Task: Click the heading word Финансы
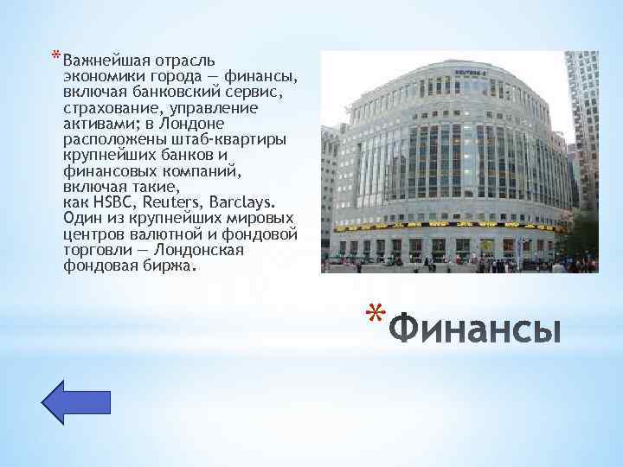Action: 475,330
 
